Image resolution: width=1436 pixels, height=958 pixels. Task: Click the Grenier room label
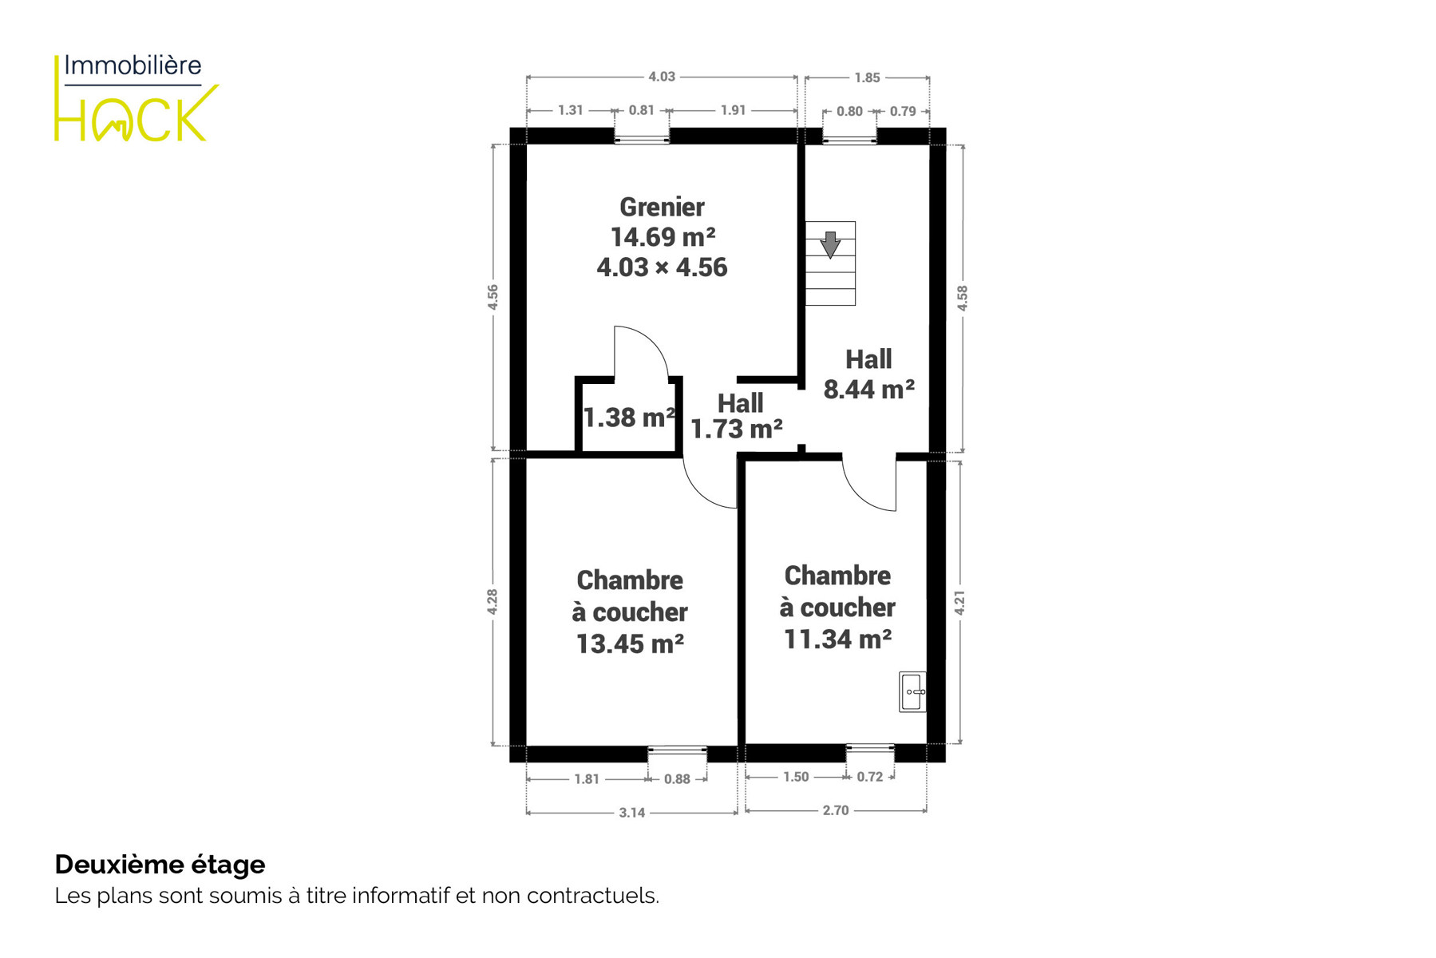tap(662, 208)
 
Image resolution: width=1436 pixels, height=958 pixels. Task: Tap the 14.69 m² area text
tap(663, 237)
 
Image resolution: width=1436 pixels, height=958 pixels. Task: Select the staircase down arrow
tap(830, 244)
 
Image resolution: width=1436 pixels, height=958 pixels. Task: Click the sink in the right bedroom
tap(912, 691)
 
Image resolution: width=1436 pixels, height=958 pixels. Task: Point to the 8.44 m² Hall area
tap(868, 390)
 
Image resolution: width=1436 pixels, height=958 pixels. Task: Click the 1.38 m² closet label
tap(630, 418)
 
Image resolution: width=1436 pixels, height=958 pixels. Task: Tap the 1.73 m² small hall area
tap(736, 430)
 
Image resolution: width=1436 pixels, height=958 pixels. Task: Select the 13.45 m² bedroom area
tap(630, 644)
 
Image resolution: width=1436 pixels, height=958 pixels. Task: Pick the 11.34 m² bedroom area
tap(837, 639)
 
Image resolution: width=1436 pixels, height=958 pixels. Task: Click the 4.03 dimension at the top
tap(662, 77)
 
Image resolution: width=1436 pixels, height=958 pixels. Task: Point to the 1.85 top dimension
tap(867, 77)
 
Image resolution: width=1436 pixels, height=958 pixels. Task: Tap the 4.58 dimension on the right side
tap(963, 298)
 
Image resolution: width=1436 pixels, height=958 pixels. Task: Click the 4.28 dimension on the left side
tap(493, 602)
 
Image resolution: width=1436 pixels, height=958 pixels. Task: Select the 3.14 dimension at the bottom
tap(631, 813)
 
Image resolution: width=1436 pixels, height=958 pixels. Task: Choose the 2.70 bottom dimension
tap(836, 810)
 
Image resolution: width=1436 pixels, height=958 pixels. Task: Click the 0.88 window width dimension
tap(677, 779)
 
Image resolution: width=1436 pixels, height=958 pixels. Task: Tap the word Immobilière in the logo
tap(133, 65)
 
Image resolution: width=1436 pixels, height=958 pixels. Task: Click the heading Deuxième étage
tap(160, 865)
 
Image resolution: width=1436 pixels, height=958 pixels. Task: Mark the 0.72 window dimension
tap(870, 777)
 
